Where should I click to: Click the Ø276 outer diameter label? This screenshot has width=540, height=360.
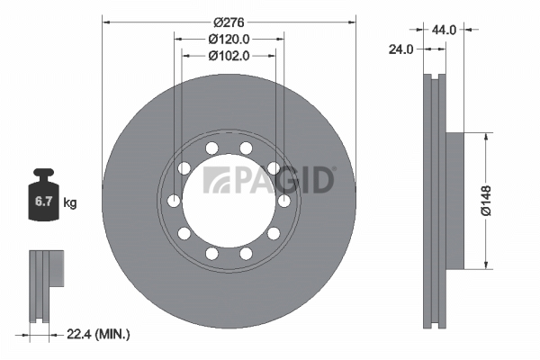coord(229,22)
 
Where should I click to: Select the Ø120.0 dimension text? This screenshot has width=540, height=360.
coord(229,40)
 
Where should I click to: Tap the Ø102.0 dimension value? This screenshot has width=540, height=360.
coord(229,56)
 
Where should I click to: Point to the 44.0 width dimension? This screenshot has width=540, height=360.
coord(444,30)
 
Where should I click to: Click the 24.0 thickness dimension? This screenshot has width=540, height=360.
coord(400,49)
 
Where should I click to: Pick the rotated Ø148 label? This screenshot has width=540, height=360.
coord(486,201)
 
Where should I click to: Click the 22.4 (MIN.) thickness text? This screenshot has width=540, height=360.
coord(98,334)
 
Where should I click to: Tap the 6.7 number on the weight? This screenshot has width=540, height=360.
coord(43,202)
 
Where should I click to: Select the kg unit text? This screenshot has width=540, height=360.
coord(70,202)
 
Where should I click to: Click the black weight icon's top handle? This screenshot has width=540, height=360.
coord(43,172)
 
